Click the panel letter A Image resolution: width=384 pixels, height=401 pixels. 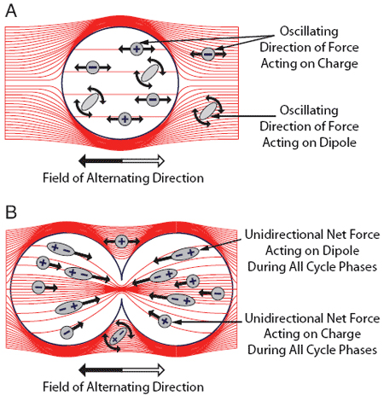tap(11, 11)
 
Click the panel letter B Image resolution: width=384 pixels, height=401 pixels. tap(11, 212)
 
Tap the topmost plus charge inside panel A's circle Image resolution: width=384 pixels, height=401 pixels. tap(137, 49)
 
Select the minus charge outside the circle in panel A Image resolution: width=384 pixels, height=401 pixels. tap(208, 54)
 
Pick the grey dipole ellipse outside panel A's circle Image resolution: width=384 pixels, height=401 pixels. tap(207, 112)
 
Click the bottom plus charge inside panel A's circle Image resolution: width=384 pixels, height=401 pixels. tap(125, 119)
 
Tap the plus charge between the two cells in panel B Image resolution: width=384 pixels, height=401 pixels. tap(121, 241)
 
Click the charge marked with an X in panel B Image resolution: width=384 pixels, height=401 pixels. tap(165, 322)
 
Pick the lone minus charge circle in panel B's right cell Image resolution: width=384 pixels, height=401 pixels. tap(218, 293)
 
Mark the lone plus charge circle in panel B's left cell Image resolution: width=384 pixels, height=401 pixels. tap(43, 262)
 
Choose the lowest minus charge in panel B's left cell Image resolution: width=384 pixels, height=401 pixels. tap(67, 332)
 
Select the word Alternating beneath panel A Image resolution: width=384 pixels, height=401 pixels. tap(118, 178)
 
